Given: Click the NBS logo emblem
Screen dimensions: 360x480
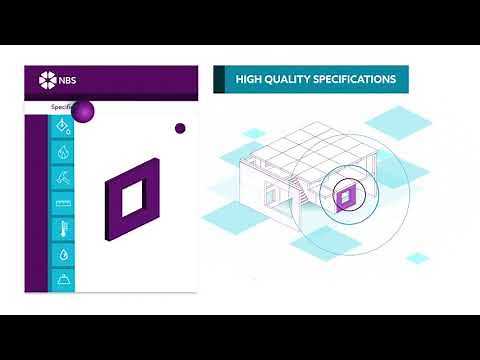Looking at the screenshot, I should pos(44,80).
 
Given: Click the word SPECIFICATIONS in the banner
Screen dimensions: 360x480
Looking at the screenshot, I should pos(357,79).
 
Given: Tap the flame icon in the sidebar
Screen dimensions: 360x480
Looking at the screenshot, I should pos(63,153).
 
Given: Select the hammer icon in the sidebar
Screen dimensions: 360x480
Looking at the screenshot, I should pos(63,178).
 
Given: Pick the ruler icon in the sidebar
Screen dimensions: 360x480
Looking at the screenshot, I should pos(63,204).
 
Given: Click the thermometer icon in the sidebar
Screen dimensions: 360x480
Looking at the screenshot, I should pos(63,229).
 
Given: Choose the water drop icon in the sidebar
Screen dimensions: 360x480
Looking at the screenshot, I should pos(63,255).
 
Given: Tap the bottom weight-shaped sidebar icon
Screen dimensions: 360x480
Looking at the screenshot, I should pos(63,279).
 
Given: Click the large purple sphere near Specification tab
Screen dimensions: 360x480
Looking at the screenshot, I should pos(84,111).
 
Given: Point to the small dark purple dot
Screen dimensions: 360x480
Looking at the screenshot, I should pos(180,128).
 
